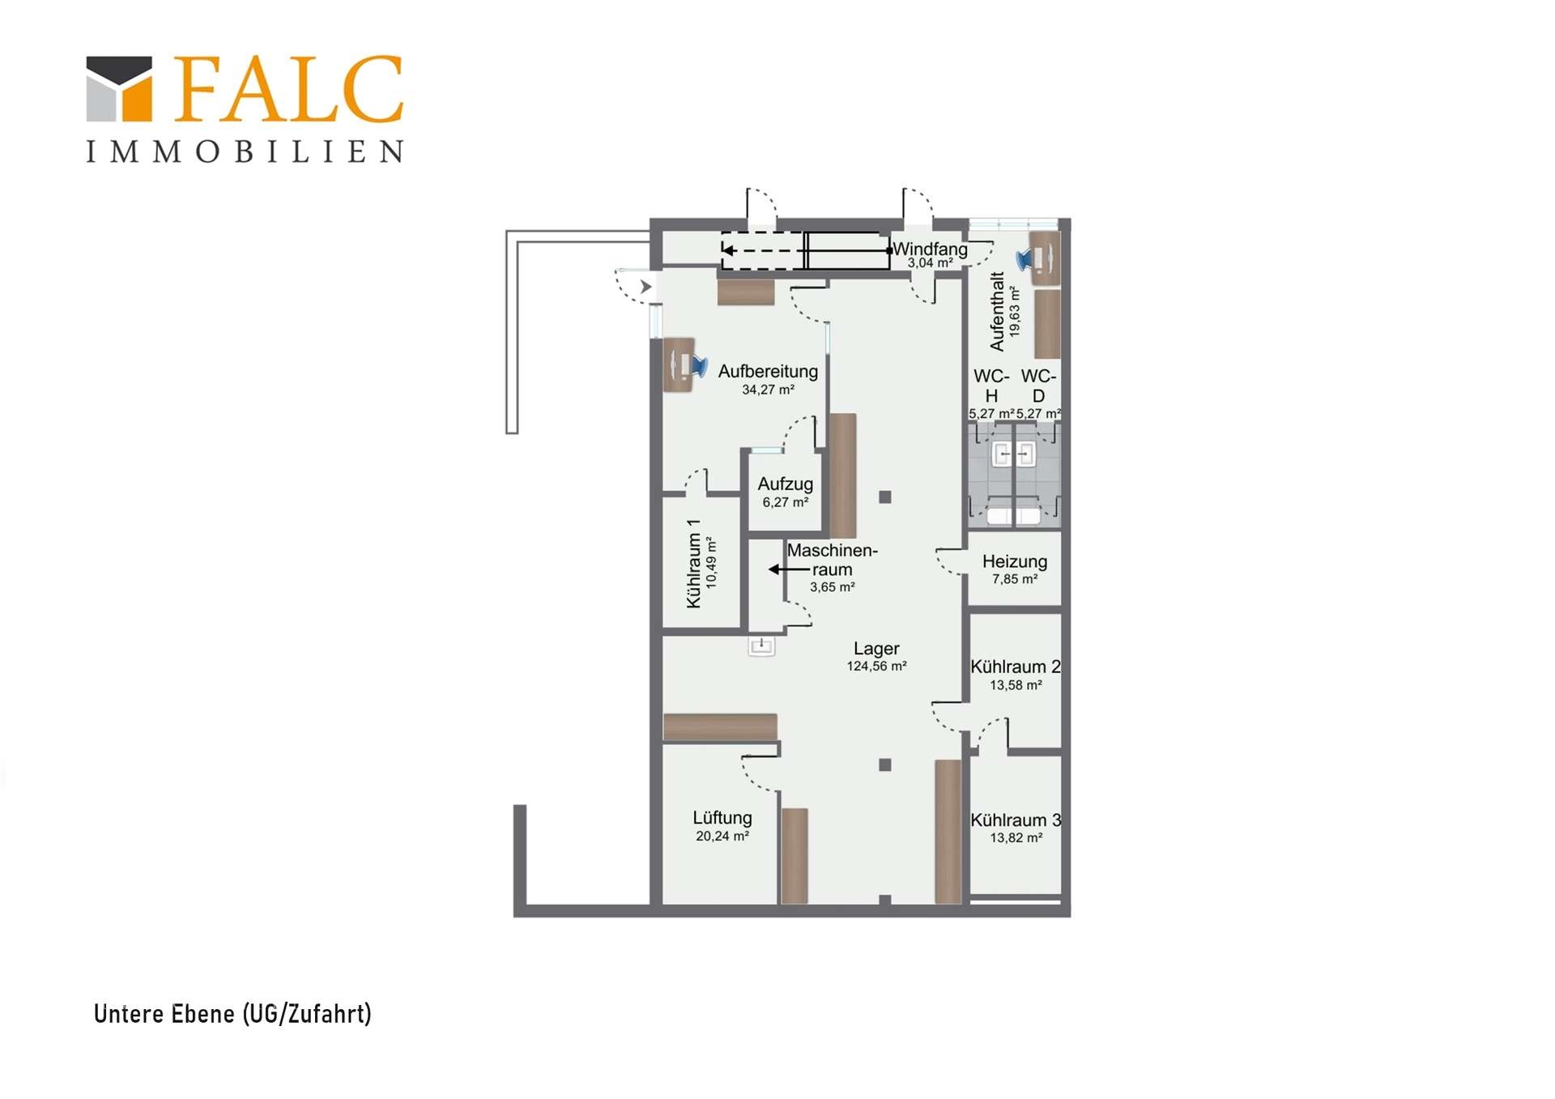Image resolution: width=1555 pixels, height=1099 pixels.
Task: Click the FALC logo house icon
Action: (119, 88)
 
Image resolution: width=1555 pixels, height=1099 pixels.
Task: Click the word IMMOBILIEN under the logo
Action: (245, 151)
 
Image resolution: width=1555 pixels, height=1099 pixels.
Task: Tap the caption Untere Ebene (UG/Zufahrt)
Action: (232, 1014)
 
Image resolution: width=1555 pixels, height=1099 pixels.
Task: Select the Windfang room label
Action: (930, 249)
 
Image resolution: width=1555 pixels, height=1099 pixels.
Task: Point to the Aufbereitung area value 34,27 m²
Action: (768, 390)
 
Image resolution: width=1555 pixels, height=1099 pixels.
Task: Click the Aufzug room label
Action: (785, 483)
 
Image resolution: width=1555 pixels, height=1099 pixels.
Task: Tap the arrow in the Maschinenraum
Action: (789, 569)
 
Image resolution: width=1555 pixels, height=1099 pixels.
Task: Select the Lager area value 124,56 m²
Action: (876, 667)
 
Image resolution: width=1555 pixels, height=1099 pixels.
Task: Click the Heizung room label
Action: (1014, 561)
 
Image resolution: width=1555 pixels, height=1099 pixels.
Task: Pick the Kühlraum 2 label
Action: (1016, 667)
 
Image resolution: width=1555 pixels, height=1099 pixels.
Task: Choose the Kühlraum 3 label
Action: (1016, 820)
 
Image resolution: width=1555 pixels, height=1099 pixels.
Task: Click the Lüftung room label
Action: (722, 818)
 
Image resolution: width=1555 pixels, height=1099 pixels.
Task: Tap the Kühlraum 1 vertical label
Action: (693, 564)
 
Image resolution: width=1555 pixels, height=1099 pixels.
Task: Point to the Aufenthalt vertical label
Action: (997, 312)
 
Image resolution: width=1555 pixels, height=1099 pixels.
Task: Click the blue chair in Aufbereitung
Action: (698, 366)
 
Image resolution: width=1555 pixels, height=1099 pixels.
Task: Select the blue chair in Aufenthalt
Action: (1025, 259)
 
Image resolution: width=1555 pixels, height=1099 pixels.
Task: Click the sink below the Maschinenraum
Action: (761, 645)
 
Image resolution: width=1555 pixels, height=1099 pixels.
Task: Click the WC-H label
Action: (991, 386)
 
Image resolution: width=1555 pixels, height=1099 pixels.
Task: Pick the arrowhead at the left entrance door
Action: (645, 287)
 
